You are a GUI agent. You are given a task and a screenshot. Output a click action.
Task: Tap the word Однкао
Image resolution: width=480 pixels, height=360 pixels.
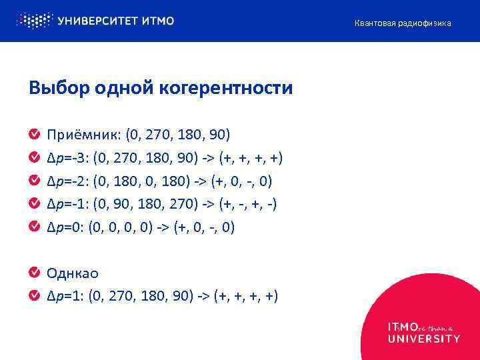(73, 273)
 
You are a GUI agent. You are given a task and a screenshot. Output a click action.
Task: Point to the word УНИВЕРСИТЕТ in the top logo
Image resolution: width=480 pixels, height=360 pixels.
(99, 21)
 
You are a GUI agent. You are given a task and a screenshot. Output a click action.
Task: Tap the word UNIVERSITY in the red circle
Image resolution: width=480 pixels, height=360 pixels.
(424, 339)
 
